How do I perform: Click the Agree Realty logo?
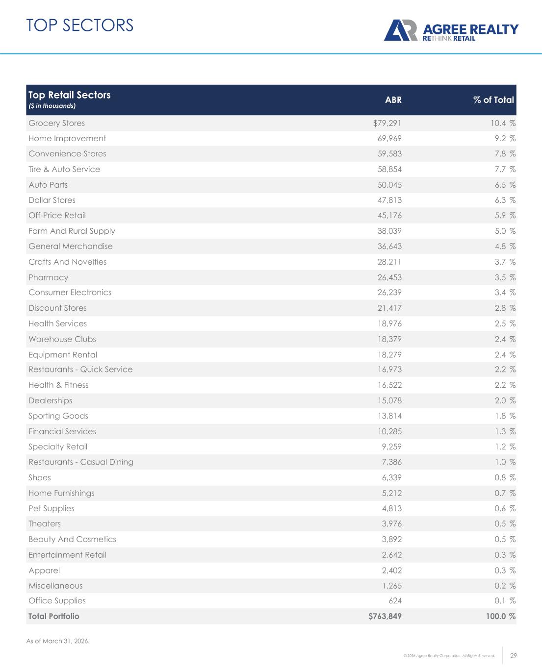pos(450,30)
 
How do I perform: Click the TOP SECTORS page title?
pos(80,25)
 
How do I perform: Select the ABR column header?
pos(393,100)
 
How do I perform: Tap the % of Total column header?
pos(493,100)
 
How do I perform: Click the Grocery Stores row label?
pos(56,123)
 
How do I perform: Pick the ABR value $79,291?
pos(387,123)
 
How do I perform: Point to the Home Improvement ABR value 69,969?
pos(389,138)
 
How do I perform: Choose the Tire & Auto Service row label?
pos(64,169)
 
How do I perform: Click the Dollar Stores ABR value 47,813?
pos(389,200)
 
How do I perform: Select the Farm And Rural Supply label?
pos(72,231)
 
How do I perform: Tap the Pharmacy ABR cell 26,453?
pos(389,277)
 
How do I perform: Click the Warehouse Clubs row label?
pos(62,339)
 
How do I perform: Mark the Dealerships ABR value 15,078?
pos(389,400)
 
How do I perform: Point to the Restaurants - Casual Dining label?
pos(81,462)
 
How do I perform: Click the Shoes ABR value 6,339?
pos(392,477)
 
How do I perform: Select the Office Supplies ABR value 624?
pos(395,600)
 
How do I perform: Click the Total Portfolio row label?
pos(53,616)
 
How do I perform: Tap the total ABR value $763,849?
pos(385,616)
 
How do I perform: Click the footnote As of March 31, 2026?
pos(58,641)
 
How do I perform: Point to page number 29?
pos(514,656)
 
